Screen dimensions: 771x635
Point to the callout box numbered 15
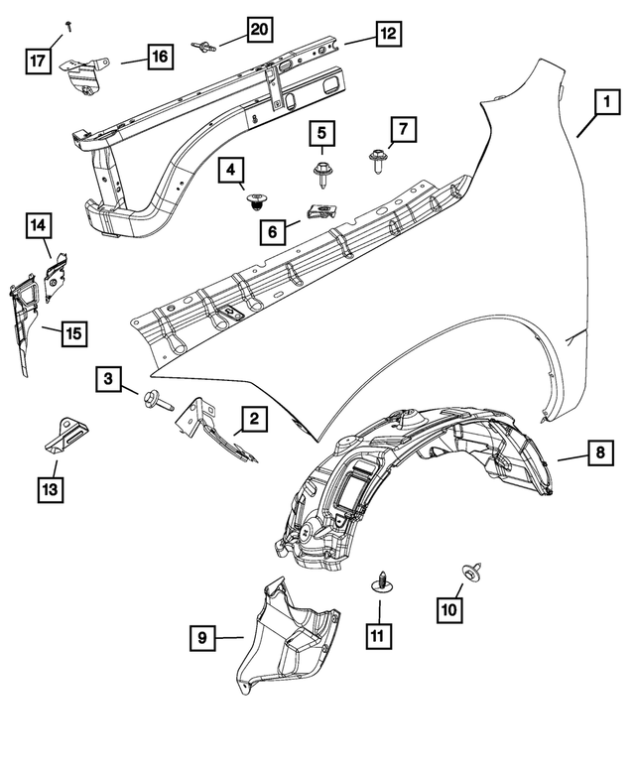point(74,333)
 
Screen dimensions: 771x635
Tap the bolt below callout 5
point(322,175)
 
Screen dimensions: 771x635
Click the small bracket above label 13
point(63,433)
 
